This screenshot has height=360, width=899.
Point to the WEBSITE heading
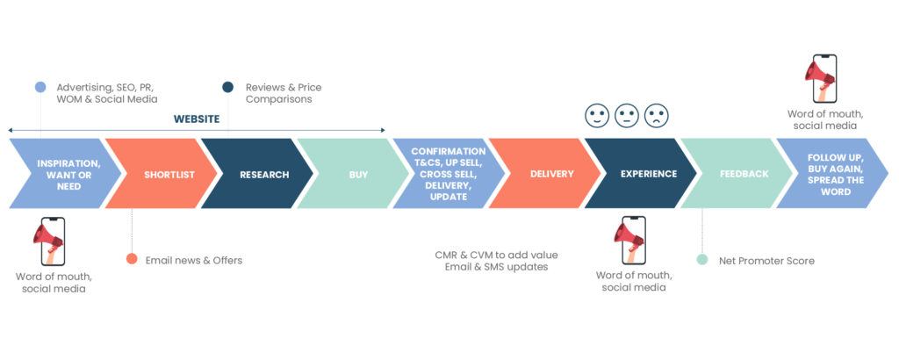(x=197, y=119)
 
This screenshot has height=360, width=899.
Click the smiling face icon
(x=596, y=116)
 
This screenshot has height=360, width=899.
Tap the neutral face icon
(x=626, y=116)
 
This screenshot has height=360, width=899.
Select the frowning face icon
(x=657, y=116)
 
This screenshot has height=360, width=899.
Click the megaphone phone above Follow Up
(x=821, y=78)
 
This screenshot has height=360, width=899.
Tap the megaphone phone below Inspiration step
(x=49, y=241)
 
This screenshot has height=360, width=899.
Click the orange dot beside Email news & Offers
(x=132, y=259)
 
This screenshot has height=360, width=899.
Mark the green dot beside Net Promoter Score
(x=701, y=260)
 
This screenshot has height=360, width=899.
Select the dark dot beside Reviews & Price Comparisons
(x=227, y=87)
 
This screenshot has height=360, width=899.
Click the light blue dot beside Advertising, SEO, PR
(x=40, y=87)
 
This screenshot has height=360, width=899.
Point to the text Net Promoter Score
(x=766, y=261)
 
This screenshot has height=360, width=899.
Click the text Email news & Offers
(x=194, y=260)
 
